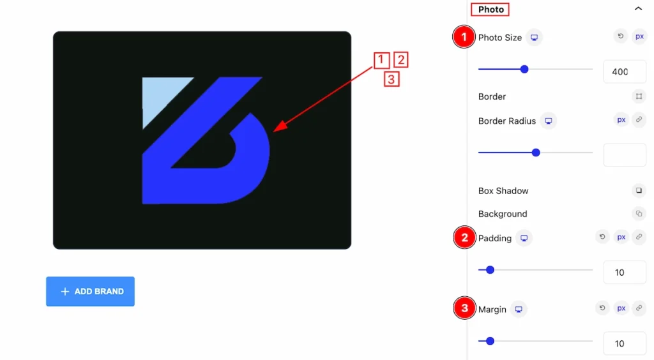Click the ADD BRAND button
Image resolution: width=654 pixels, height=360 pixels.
click(x=90, y=291)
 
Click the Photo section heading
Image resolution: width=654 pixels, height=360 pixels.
click(x=490, y=9)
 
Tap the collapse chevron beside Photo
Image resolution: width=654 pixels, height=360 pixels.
click(x=638, y=8)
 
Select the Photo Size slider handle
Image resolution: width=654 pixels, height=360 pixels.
click(x=524, y=69)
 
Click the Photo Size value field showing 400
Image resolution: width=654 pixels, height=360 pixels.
click(x=625, y=71)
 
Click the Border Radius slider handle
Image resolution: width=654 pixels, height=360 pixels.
click(x=536, y=153)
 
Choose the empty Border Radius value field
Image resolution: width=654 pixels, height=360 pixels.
click(x=625, y=155)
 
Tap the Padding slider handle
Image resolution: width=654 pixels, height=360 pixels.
click(x=490, y=270)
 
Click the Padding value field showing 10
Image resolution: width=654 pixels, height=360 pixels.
click(x=625, y=273)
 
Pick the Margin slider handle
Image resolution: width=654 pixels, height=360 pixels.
click(x=490, y=341)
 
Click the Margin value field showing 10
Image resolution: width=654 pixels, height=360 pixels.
click(x=625, y=344)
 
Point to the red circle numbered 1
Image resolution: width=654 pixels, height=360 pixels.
click(x=464, y=37)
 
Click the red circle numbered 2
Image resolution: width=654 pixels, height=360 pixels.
click(x=464, y=237)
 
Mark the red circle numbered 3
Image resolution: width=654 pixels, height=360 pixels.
click(x=464, y=308)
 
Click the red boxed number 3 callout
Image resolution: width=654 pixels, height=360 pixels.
click(x=392, y=79)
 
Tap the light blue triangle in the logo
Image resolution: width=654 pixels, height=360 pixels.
click(x=160, y=95)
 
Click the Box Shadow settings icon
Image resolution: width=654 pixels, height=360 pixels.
click(x=639, y=190)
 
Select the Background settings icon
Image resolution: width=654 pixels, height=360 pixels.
click(x=639, y=214)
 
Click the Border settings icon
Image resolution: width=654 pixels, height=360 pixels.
click(x=639, y=96)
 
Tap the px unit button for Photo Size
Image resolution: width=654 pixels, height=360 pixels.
click(x=639, y=36)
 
